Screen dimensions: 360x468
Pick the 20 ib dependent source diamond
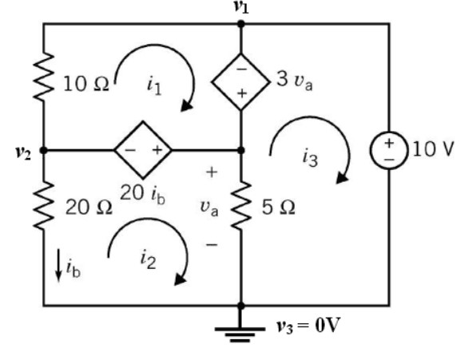click(x=142, y=149)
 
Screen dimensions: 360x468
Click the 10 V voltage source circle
click(x=390, y=150)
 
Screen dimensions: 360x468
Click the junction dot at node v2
click(x=42, y=149)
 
